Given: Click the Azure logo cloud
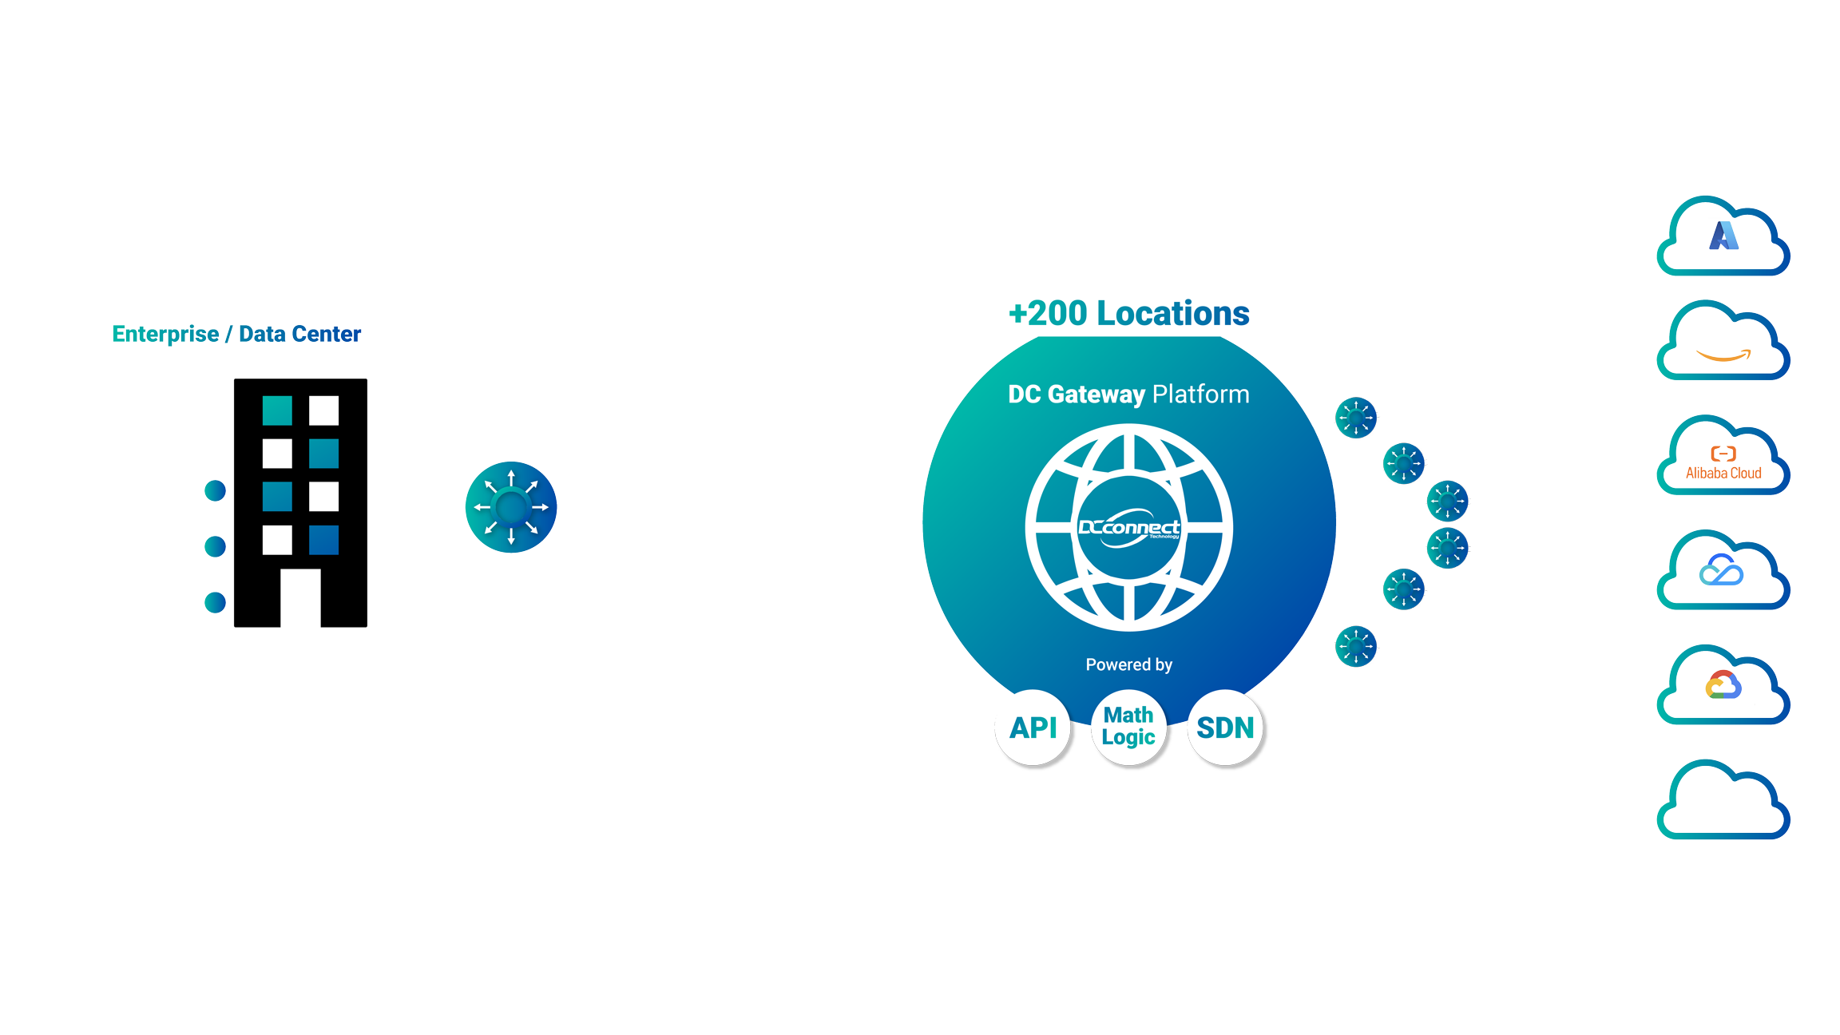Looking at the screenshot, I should click(1723, 236).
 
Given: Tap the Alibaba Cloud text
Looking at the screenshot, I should click(1723, 473).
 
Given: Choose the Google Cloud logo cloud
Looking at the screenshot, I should click(1723, 686).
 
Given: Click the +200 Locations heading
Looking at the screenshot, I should click(1128, 313).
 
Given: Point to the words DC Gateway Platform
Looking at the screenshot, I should click(1128, 395).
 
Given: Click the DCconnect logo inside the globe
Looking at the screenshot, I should click(1128, 528).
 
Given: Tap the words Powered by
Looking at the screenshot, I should click(1128, 664).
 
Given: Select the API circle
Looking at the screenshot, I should click(1033, 728).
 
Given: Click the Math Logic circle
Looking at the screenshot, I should click(1128, 726).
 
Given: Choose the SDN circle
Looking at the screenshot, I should click(1225, 728).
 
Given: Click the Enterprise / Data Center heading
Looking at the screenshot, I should click(236, 334).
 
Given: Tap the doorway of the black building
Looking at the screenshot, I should click(300, 597).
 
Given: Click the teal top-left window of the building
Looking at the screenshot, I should click(277, 410).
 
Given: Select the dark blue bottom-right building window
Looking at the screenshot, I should click(323, 540).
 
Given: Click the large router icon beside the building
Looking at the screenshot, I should click(511, 507).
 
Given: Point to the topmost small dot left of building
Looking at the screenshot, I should click(216, 490).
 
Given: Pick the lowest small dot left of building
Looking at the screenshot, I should click(216, 602).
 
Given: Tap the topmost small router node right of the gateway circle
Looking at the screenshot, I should click(1356, 417).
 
